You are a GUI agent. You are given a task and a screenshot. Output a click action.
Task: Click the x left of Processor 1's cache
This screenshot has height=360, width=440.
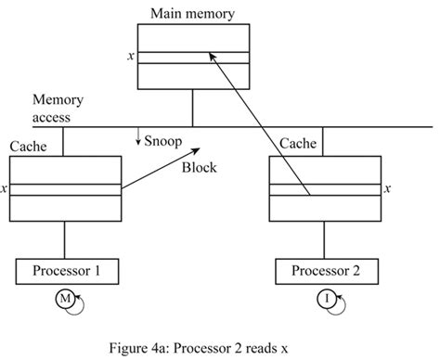(5, 189)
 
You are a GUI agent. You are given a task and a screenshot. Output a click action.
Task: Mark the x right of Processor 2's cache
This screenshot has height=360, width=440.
(387, 189)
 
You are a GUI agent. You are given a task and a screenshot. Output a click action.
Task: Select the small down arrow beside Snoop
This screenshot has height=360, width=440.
(138, 140)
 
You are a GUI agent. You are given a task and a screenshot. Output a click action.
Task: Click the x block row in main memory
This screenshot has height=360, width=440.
(192, 58)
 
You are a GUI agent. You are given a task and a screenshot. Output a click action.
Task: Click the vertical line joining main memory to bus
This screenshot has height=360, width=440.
(192, 108)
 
